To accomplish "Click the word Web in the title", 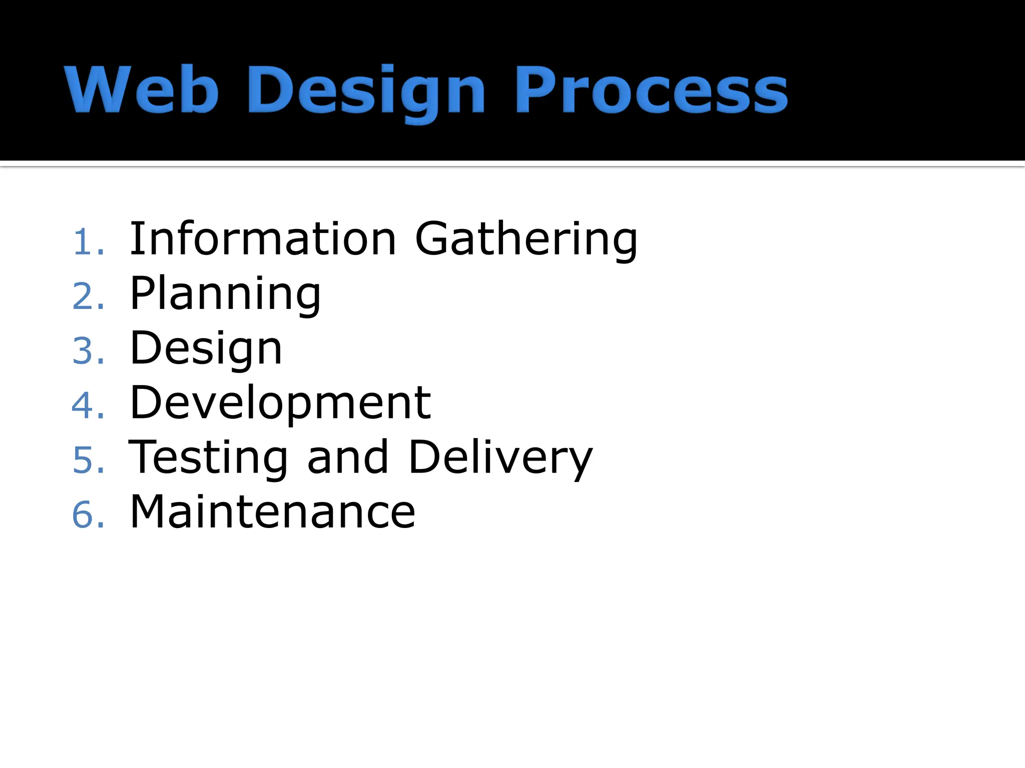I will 142,90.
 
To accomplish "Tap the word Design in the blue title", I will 366,92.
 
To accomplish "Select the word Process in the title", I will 651,90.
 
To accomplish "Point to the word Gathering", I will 526,240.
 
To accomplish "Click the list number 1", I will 83,242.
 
